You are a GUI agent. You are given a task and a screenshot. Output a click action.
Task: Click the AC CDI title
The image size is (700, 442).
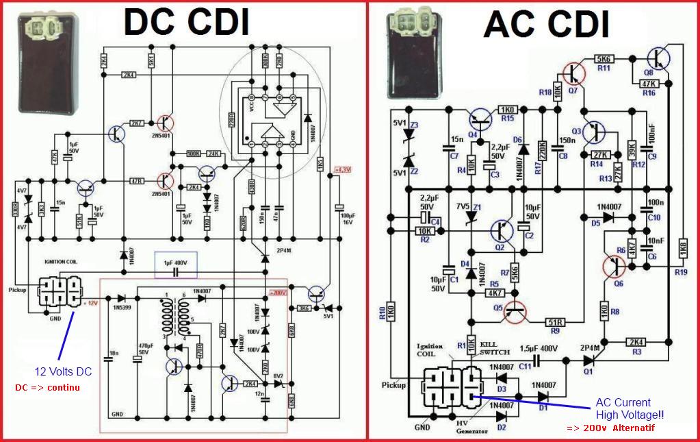pos(546,25)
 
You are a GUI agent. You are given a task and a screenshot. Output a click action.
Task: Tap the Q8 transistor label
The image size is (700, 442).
pos(649,71)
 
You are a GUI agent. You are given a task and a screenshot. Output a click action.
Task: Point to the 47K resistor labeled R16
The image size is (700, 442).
pos(647,84)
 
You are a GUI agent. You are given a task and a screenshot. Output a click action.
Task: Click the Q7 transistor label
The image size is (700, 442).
pos(573,89)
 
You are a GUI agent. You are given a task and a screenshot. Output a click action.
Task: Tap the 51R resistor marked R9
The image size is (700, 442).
pos(554,321)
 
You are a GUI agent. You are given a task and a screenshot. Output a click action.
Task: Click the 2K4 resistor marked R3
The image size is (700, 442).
pos(636,342)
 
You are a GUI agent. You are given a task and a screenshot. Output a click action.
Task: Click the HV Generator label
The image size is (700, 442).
pos(472,427)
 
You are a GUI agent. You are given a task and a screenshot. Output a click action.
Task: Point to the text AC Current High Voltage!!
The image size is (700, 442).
pos(629,408)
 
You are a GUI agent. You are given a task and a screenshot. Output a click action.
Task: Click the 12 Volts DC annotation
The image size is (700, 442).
pos(63,371)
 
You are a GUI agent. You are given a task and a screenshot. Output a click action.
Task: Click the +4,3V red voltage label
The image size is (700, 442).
pos(342,169)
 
